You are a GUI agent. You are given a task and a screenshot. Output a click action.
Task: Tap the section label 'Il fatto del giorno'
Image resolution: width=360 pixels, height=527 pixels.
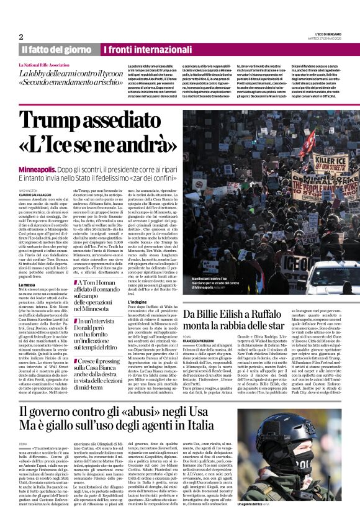tap(56, 50)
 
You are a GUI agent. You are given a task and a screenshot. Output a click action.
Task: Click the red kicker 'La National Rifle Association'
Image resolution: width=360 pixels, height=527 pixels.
tap(44, 65)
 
